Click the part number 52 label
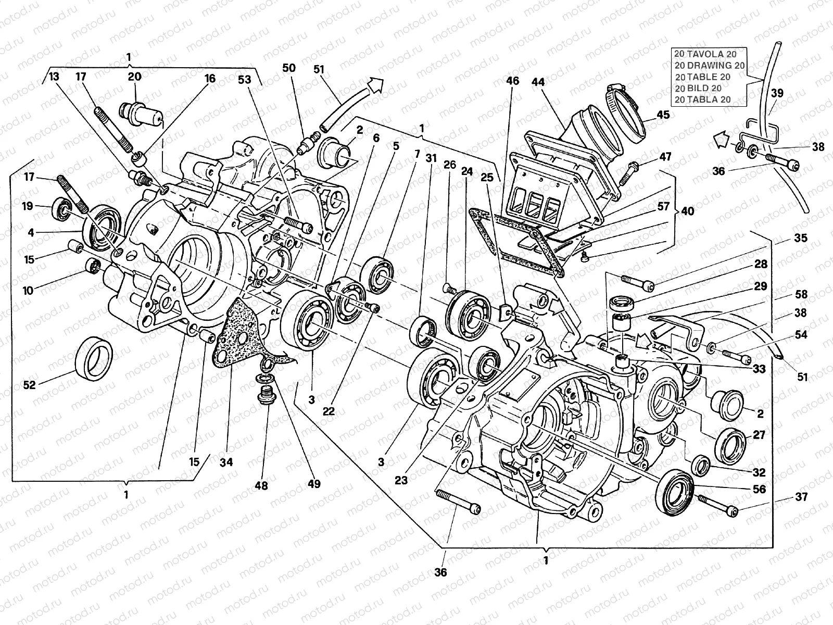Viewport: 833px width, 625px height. click(x=29, y=385)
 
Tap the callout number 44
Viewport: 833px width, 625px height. click(x=538, y=82)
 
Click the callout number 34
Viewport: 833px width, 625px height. click(x=226, y=462)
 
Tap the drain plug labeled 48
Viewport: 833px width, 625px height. click(x=267, y=397)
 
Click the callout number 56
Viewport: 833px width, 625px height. click(x=760, y=489)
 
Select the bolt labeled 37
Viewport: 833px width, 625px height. click(x=718, y=506)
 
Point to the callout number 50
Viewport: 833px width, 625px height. click(x=289, y=68)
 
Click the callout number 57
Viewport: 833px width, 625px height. click(x=663, y=207)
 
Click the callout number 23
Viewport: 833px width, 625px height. click(x=401, y=480)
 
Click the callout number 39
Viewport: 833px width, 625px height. click(x=777, y=93)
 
